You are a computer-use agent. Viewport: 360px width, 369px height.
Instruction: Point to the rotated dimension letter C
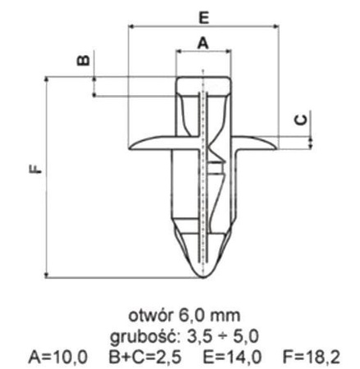tap(302, 120)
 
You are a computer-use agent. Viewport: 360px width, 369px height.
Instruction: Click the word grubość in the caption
tap(152, 335)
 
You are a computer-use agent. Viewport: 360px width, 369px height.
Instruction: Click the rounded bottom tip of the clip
tap(202, 275)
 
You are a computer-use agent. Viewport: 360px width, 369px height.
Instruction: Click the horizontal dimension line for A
tap(203, 52)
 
